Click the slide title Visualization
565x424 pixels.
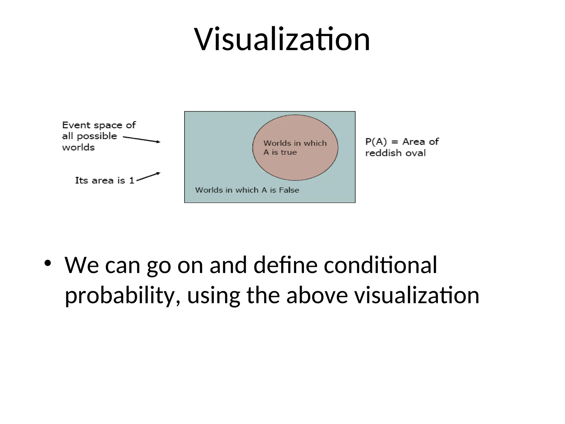[x=282, y=39]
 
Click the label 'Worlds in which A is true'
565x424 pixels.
[x=295, y=148]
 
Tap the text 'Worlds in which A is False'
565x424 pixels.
[x=247, y=190]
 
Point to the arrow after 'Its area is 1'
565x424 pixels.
[x=148, y=177]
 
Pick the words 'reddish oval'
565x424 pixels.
[x=395, y=153]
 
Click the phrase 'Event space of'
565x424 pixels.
[x=99, y=125]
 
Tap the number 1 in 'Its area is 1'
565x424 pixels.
[x=132, y=181]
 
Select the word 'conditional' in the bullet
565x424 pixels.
[x=380, y=265]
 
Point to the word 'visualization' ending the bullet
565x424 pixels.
[x=417, y=295]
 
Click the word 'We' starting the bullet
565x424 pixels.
[x=82, y=265]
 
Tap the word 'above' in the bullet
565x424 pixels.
[x=317, y=295]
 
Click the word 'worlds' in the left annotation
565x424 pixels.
[x=78, y=147]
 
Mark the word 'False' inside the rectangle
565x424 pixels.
[x=289, y=190]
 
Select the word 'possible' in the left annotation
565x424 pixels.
[x=97, y=136]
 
